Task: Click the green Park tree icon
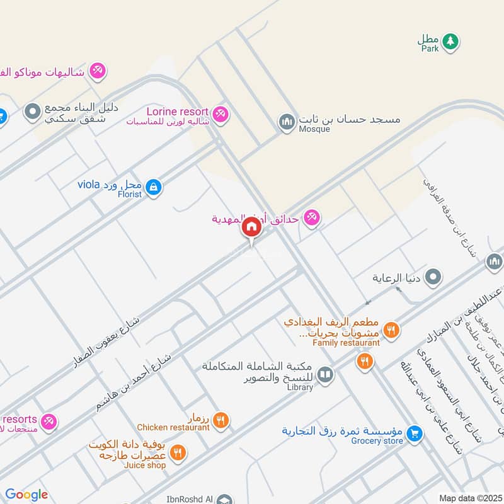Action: tap(449, 42)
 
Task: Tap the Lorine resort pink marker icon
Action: tap(220, 114)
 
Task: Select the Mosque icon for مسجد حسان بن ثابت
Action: tap(287, 122)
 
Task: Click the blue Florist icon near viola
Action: tap(153, 186)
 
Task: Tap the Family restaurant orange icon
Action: tap(391, 329)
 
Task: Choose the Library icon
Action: tap(325, 375)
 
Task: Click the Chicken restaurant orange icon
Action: tap(220, 420)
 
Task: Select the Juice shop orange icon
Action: tap(178, 452)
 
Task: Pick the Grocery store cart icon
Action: tap(414, 433)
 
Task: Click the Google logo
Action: tap(26, 495)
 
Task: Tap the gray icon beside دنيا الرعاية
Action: tap(433, 277)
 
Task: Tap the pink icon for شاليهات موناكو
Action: tap(97, 71)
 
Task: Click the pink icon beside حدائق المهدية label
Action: tap(311, 219)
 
